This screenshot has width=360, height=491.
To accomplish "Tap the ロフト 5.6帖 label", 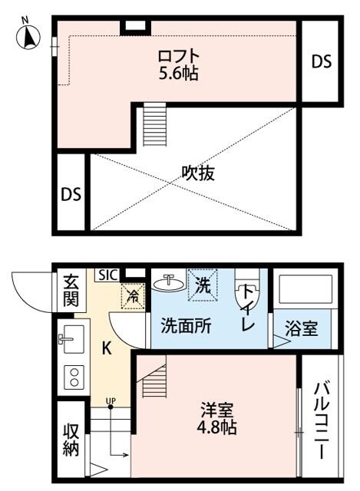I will (x=178, y=66).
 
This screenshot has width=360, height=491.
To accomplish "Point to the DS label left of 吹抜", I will (x=71, y=193).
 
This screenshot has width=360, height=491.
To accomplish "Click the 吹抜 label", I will (x=197, y=173).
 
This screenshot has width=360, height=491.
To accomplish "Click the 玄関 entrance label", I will (x=70, y=290).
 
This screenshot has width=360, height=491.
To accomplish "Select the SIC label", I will (x=107, y=274).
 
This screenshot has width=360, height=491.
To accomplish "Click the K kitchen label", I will (x=107, y=348).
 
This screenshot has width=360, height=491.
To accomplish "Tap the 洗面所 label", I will (x=186, y=325).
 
